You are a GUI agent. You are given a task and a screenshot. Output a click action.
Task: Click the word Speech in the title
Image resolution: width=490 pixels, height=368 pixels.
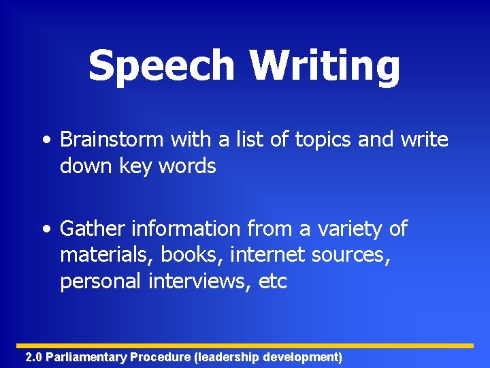click(x=161, y=66)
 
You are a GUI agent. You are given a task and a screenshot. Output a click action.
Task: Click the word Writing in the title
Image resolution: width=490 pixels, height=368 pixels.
click(x=324, y=66)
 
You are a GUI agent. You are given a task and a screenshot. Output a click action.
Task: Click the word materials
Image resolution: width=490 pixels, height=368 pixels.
click(x=108, y=255)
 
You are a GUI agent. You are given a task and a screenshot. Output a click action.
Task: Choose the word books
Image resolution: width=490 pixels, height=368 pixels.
click(x=193, y=255)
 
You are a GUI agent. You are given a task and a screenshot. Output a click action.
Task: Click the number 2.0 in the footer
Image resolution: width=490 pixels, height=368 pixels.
click(x=33, y=357)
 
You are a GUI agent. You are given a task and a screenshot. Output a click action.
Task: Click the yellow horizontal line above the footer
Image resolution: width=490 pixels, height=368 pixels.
click(x=245, y=346)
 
